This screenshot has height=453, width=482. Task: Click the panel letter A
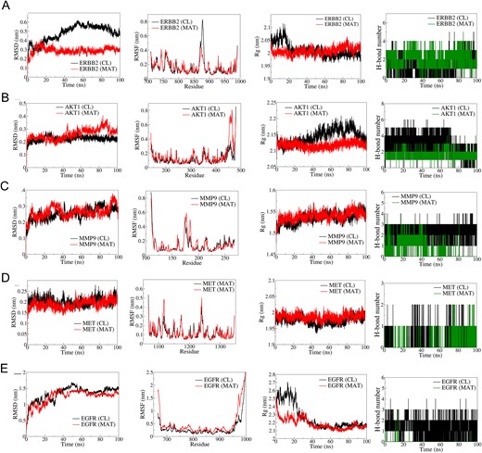click(x=6, y=6)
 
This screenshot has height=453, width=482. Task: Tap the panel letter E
click(x=6, y=364)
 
